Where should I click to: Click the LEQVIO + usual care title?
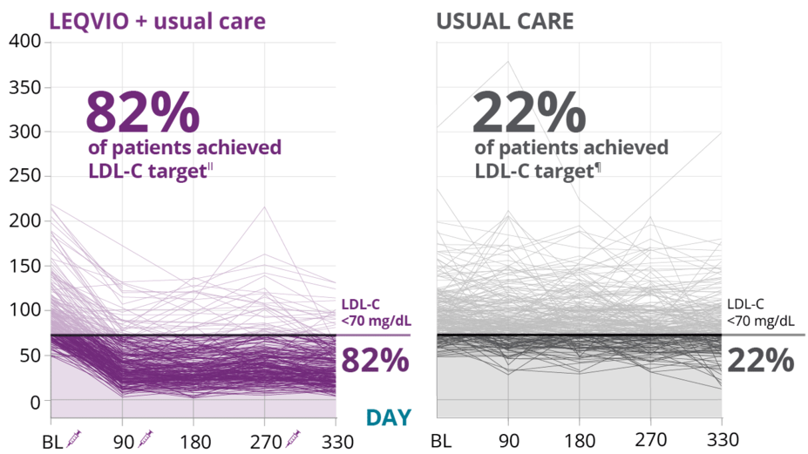(x=158, y=20)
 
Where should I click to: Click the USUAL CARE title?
(x=505, y=20)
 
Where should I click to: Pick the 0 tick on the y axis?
(x=35, y=402)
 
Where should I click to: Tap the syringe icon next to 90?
(x=146, y=437)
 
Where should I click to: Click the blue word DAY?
(x=388, y=417)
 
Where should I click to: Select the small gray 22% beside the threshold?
(x=759, y=359)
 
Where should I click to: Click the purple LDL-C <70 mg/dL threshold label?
(x=375, y=312)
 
